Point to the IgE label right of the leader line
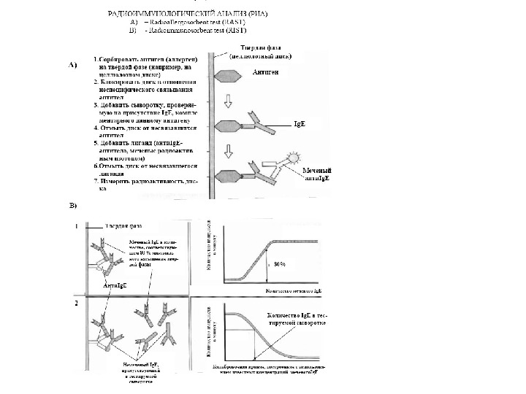pos(299,125)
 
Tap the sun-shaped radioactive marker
pos(292,158)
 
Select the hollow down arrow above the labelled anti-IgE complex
pos(229,151)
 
